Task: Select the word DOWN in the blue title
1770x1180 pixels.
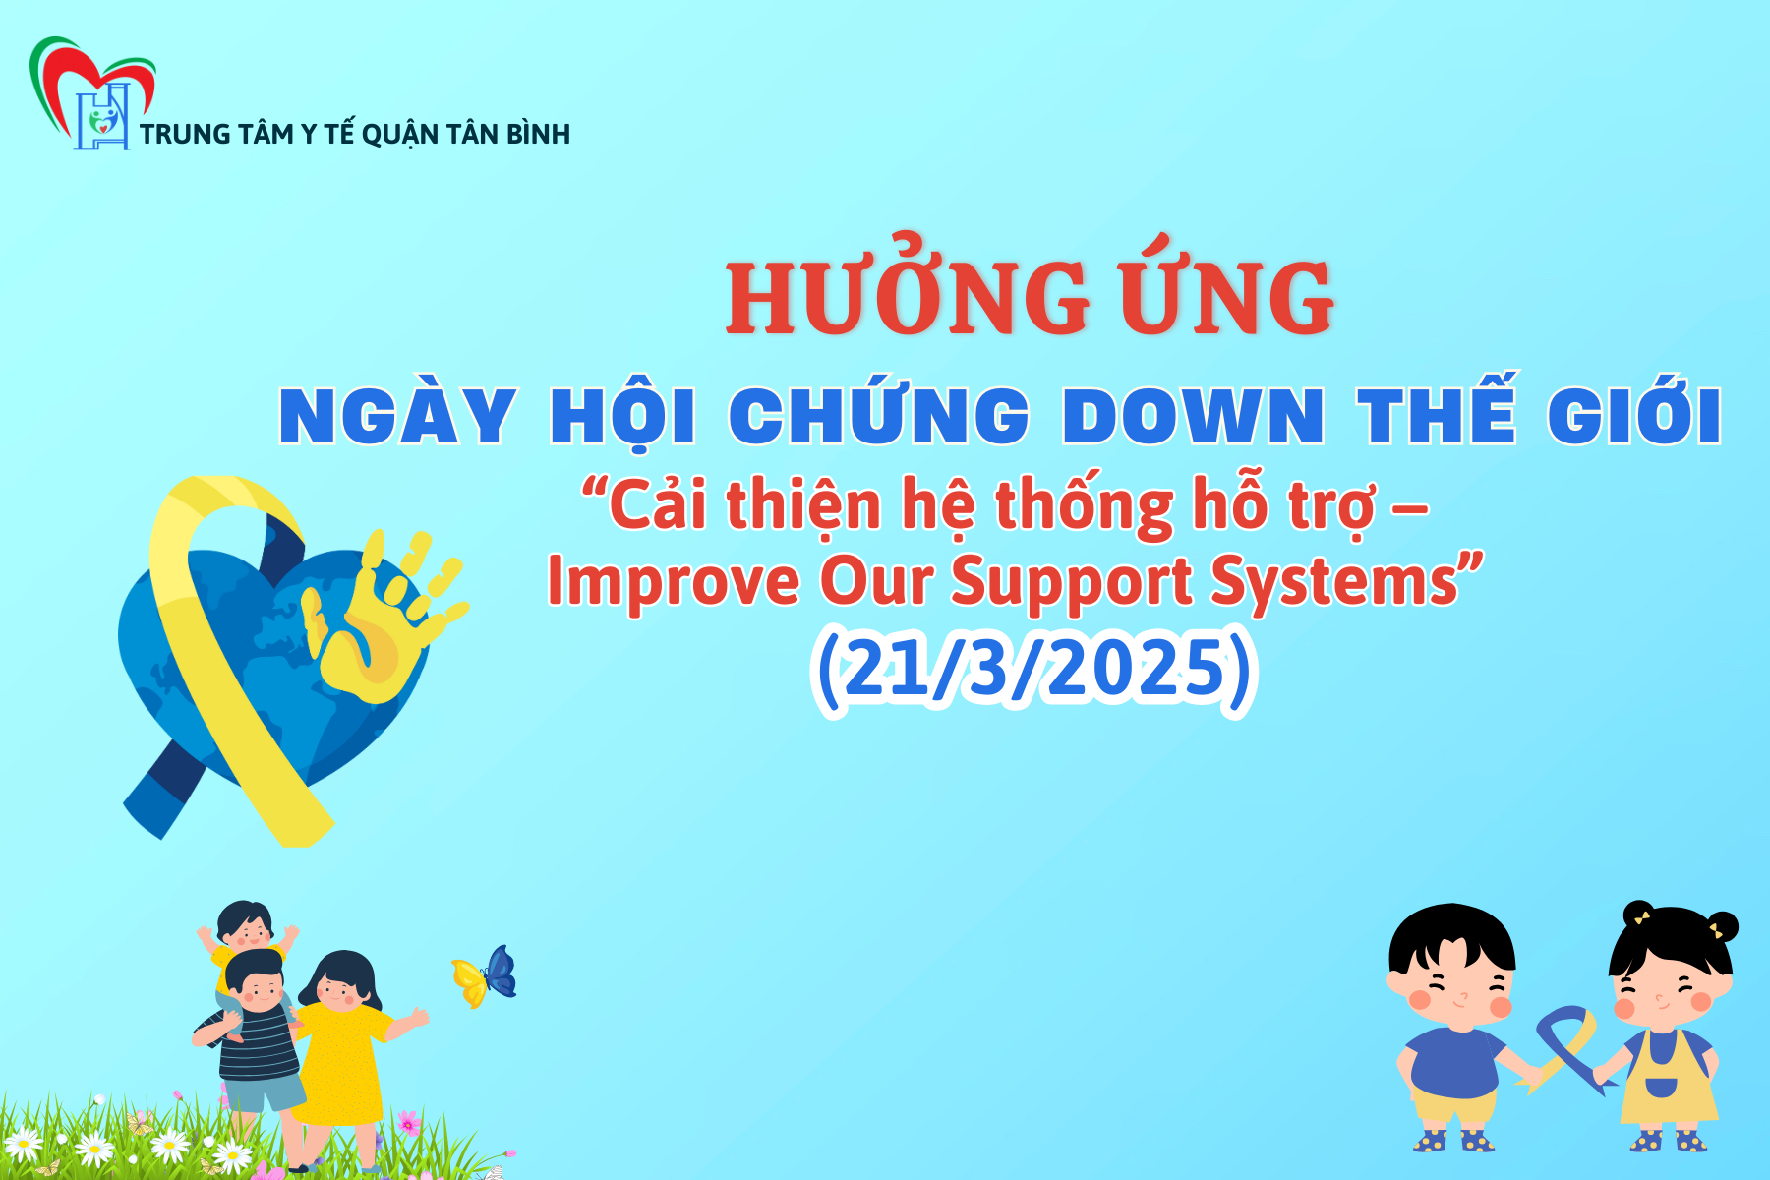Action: click(1193, 416)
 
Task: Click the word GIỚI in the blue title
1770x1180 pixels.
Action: click(1633, 416)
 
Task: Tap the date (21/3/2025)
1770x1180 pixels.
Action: click(1033, 669)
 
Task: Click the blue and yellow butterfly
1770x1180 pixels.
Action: click(486, 975)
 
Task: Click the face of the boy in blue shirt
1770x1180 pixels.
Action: click(1453, 988)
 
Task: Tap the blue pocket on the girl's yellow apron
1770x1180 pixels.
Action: click(1661, 1089)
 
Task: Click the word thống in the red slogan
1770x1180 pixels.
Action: click(1084, 506)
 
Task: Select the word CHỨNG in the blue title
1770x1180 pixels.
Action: click(879, 416)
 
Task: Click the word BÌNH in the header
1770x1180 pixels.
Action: click(538, 135)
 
